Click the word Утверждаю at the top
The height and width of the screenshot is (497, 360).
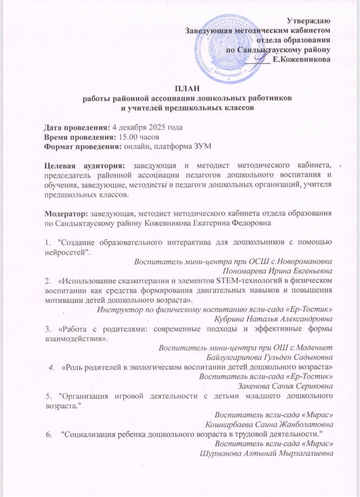[309, 21]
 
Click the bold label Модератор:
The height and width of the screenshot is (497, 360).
[66, 214]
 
